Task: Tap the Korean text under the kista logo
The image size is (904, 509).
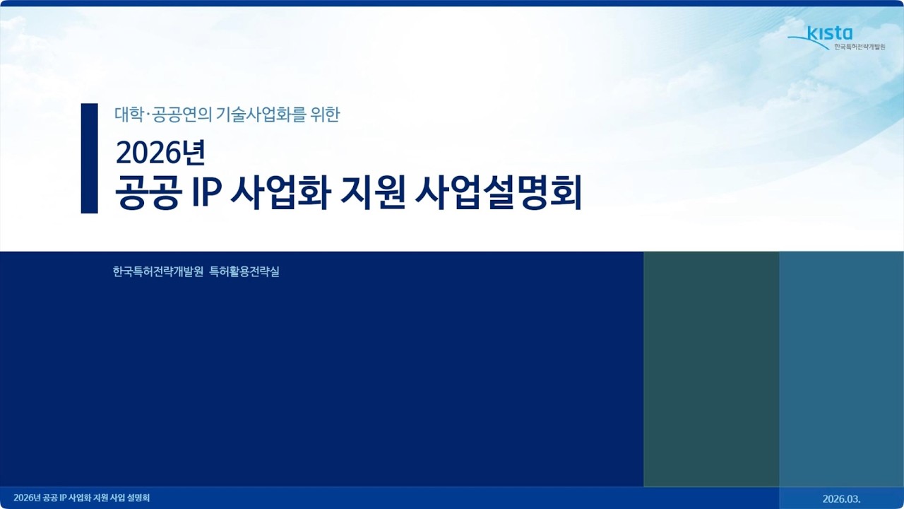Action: pyautogui.click(x=859, y=47)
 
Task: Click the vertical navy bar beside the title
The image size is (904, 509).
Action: pyautogui.click(x=89, y=158)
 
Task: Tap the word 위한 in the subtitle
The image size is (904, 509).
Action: pyautogui.click(x=325, y=115)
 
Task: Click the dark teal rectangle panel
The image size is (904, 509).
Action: pyautogui.click(x=711, y=368)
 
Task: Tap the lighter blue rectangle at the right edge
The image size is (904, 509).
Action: pyautogui.click(x=841, y=368)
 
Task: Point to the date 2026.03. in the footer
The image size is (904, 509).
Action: pyautogui.click(x=841, y=498)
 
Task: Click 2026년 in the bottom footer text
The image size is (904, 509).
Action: pyautogui.click(x=27, y=498)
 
